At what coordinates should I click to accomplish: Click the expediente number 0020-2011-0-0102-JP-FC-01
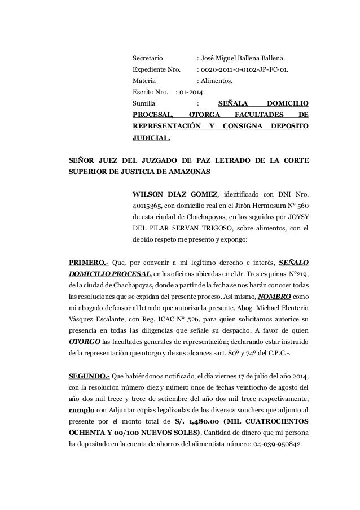point(245,70)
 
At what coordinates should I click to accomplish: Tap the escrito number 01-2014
point(193,93)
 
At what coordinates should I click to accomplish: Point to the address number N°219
point(297,274)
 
